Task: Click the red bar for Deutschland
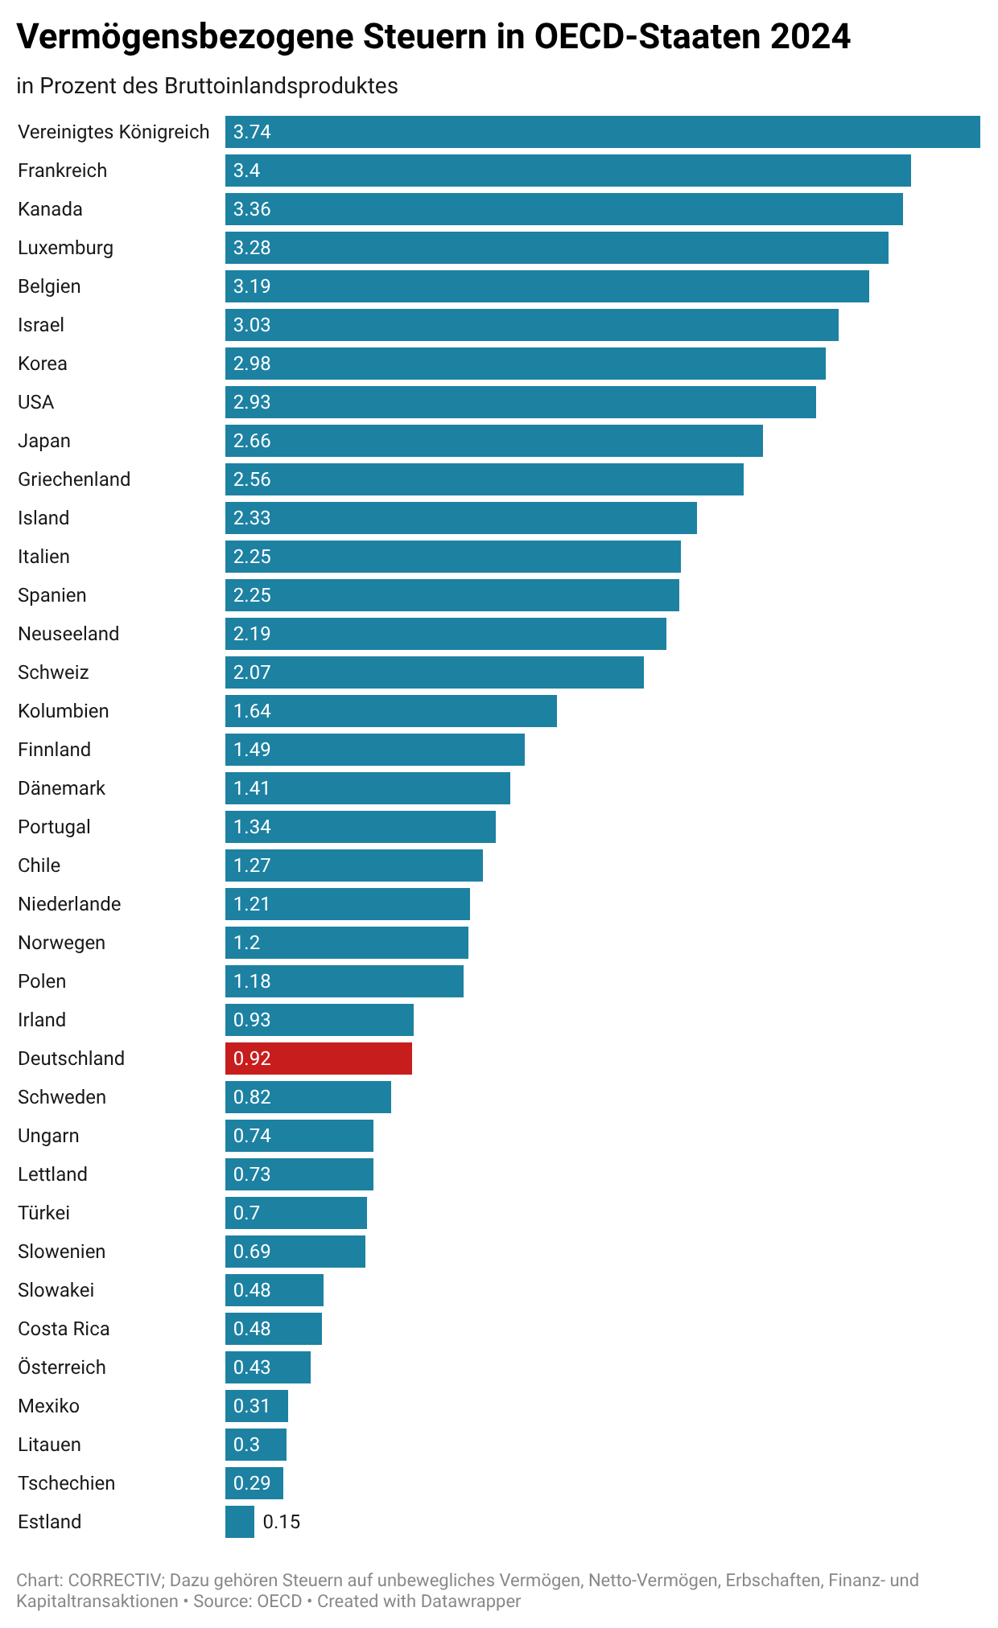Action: click(319, 1059)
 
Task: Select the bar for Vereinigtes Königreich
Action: click(602, 132)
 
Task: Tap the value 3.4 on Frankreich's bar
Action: click(246, 171)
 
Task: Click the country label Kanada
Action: click(50, 209)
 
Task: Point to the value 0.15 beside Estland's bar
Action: click(282, 1522)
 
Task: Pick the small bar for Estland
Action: click(240, 1522)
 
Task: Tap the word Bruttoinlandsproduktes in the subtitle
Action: click(281, 86)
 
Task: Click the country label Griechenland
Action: click(74, 479)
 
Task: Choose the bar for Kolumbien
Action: click(391, 711)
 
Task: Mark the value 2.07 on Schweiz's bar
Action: click(252, 672)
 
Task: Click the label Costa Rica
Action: click(64, 1329)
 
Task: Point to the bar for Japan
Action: click(494, 441)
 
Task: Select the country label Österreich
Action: click(62, 1367)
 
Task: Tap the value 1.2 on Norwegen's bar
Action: click(246, 943)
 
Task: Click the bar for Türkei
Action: click(296, 1213)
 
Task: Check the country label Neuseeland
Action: click(68, 634)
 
